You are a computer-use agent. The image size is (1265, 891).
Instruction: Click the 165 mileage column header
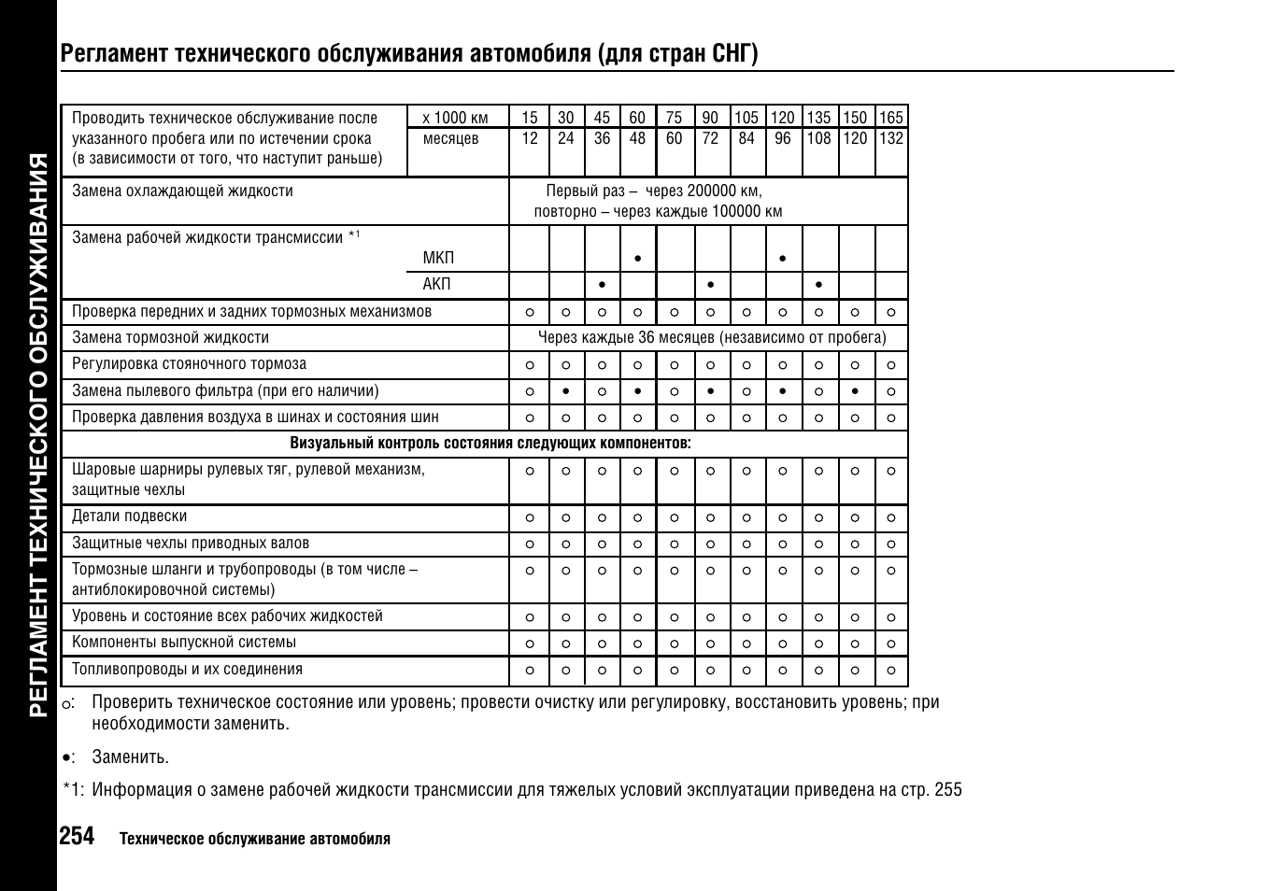click(x=891, y=118)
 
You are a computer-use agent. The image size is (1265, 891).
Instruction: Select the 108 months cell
click(x=818, y=138)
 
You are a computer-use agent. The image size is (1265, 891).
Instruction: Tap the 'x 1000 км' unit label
click(x=455, y=118)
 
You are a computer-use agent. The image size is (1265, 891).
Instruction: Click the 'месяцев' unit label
click(x=450, y=138)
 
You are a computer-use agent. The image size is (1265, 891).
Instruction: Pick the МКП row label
click(x=438, y=258)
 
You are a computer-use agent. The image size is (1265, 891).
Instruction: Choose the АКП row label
click(x=436, y=284)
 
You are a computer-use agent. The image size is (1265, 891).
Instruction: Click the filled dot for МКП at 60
click(x=637, y=258)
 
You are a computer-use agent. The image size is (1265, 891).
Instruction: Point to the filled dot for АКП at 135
click(x=818, y=284)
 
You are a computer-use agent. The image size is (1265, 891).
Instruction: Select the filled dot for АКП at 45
click(x=602, y=284)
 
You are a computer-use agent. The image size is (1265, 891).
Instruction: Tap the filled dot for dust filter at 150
click(x=855, y=391)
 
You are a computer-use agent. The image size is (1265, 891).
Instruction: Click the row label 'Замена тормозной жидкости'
click(x=170, y=337)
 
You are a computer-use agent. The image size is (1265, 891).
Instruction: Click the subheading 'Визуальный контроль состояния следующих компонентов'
click(x=490, y=443)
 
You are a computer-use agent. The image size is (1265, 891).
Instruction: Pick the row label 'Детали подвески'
click(x=130, y=516)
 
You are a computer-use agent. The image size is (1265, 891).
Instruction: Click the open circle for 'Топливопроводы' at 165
click(x=891, y=670)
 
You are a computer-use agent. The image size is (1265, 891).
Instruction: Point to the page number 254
click(x=77, y=836)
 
